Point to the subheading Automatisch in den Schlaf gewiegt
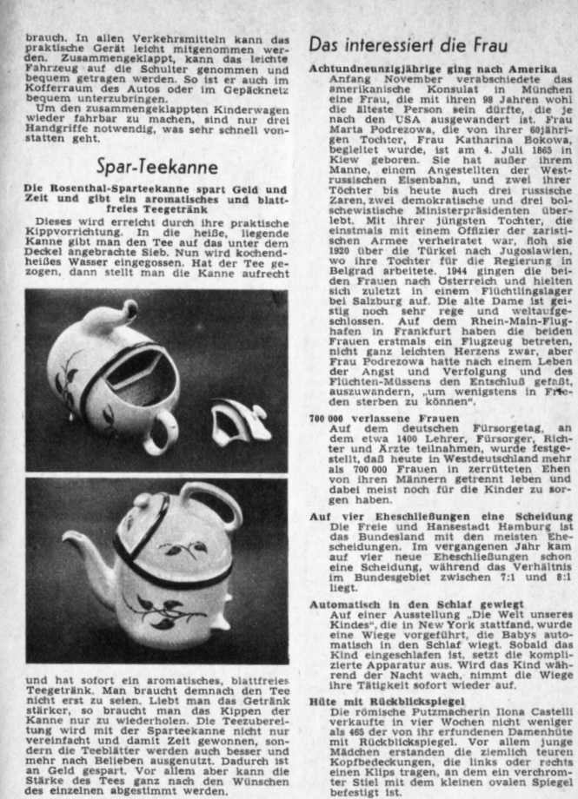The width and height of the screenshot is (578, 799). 405,603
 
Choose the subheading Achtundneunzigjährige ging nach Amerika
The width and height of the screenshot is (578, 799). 433,69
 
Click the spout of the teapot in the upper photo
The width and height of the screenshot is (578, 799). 123,313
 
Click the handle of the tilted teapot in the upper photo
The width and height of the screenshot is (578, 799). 163,432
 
